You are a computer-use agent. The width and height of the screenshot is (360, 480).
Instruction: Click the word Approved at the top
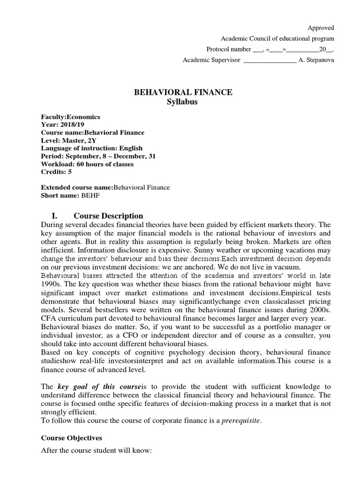click(321, 28)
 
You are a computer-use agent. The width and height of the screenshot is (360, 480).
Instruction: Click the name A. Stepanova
click(316, 60)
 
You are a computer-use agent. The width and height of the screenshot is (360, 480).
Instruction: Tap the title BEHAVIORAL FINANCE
click(183, 92)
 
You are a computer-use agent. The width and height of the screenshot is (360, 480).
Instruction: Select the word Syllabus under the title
click(183, 102)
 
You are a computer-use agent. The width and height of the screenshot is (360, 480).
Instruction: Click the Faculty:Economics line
click(71, 117)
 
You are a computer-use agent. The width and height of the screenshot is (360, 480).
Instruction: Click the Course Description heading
click(108, 216)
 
